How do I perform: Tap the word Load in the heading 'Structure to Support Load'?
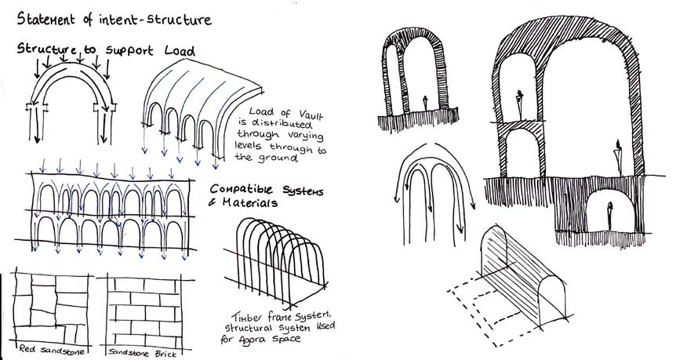coord(174,51)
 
